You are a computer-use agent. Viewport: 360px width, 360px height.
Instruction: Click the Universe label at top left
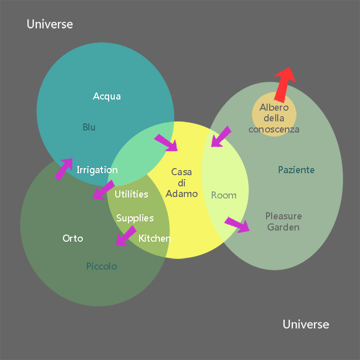(x=50, y=24)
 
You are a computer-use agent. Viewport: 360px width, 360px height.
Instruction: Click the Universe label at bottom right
(x=306, y=324)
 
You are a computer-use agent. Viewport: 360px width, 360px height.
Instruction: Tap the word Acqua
(x=107, y=96)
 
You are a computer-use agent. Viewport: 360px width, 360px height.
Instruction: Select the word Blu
(x=89, y=127)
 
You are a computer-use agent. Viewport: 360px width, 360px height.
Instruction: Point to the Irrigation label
(x=97, y=170)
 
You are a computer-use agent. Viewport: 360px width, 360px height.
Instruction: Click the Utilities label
(x=132, y=194)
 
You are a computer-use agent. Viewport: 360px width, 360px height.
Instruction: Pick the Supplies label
(x=135, y=218)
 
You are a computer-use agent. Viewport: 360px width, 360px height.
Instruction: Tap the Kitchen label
(x=154, y=238)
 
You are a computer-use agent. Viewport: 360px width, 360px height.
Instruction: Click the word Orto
(x=73, y=238)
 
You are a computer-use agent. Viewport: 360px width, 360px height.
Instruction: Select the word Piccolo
(x=102, y=266)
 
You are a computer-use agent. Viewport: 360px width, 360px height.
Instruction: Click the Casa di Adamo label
(x=181, y=183)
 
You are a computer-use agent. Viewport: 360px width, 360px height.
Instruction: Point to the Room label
(x=223, y=195)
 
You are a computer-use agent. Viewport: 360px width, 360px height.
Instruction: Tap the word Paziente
(x=297, y=170)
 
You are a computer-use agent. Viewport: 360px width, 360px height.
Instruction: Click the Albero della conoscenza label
(x=274, y=118)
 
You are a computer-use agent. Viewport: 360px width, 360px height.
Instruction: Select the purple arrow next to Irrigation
(x=63, y=169)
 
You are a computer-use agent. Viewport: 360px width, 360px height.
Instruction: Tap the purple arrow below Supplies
(x=125, y=236)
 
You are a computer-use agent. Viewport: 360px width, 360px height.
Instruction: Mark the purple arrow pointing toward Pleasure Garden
(x=237, y=224)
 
